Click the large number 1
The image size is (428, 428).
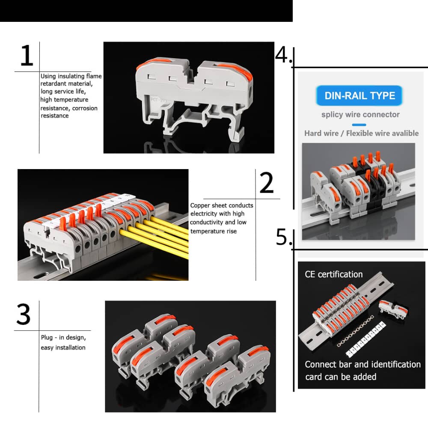click(27, 56)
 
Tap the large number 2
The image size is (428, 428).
click(267, 183)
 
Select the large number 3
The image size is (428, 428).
click(24, 315)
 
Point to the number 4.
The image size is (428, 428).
click(282, 55)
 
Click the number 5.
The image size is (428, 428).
click(282, 237)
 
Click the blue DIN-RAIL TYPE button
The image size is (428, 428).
click(360, 95)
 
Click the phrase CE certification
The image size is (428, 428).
click(333, 274)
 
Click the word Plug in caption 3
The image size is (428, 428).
click(47, 338)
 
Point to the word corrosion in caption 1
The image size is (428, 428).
click(85, 108)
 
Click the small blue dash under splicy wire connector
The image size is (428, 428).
click(359, 125)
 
